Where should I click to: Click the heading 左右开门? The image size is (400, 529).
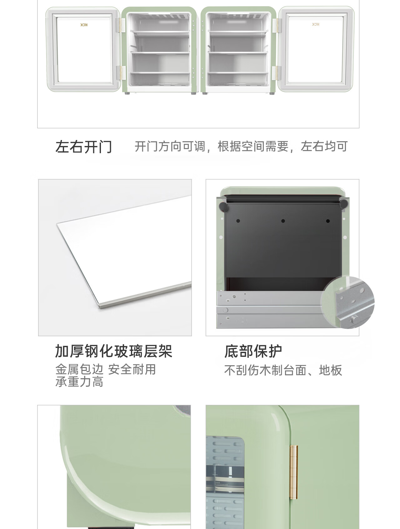(83, 147)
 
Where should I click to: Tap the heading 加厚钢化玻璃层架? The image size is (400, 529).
(114, 351)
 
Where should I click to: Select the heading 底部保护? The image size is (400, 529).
(253, 351)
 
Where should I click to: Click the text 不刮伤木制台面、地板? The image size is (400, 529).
(283, 370)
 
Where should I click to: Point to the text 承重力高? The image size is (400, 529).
(79, 382)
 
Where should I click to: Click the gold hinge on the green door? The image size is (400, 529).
(294, 472)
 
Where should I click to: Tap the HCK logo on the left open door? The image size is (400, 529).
(84, 25)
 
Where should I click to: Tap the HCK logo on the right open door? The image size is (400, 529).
(315, 24)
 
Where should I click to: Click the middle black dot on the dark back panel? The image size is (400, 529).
(283, 221)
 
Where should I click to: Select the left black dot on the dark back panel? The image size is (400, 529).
(238, 221)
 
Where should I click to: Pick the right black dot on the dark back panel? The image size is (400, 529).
(328, 221)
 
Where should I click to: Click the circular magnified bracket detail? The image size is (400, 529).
(347, 302)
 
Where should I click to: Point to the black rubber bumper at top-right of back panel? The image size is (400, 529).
(343, 204)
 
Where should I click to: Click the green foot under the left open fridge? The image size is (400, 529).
(127, 93)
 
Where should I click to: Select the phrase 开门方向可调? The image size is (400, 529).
(170, 146)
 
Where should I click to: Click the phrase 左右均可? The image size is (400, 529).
(324, 146)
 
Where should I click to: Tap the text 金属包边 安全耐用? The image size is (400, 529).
(106, 370)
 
